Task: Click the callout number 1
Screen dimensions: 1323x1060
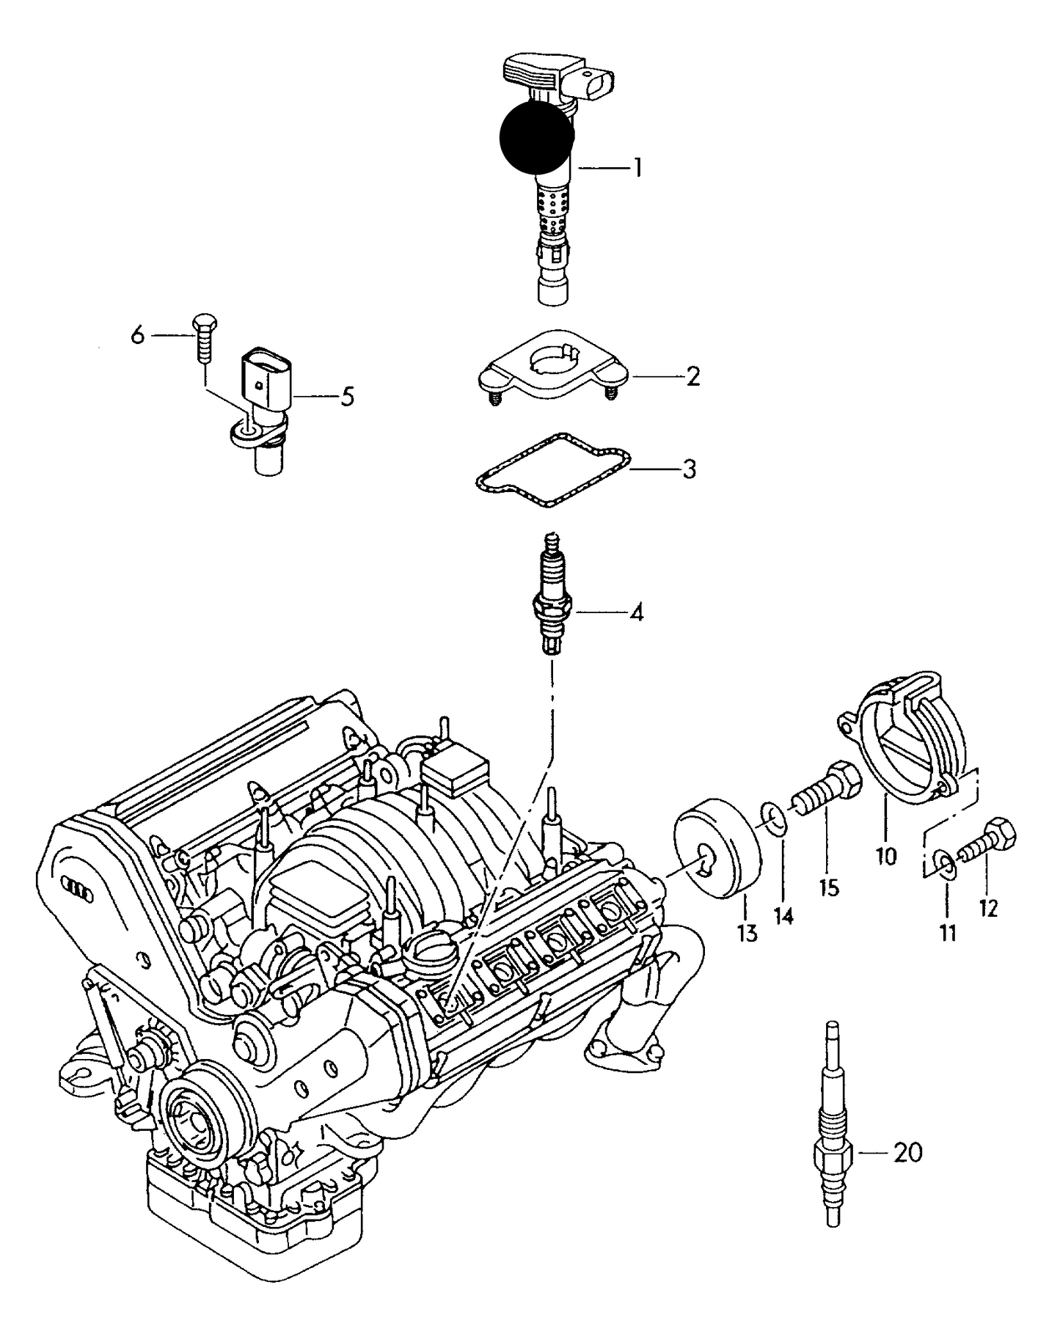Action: pyautogui.click(x=637, y=169)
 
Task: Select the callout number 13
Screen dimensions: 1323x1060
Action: pyautogui.click(x=748, y=934)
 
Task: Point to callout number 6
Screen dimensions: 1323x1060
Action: pyautogui.click(x=138, y=336)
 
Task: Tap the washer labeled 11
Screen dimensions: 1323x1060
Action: pyautogui.click(x=946, y=863)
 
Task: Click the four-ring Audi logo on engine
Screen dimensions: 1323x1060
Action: pyautogui.click(x=77, y=887)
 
